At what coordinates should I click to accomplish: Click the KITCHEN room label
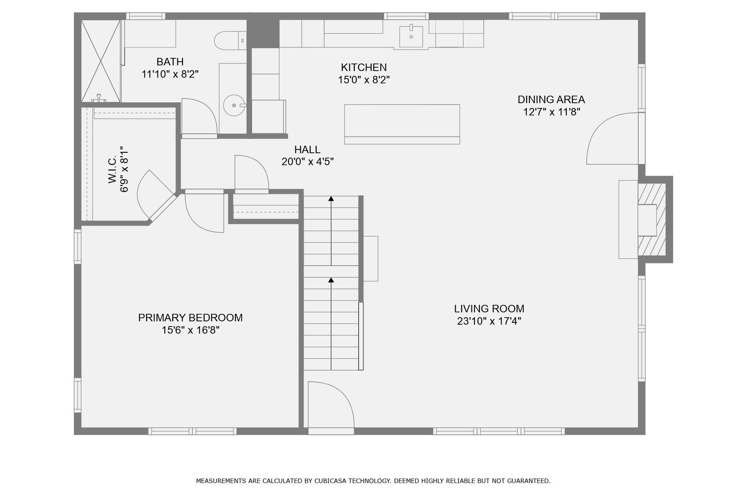pos(364,67)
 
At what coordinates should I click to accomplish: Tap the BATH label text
pos(170,62)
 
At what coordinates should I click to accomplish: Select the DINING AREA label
pos(551,100)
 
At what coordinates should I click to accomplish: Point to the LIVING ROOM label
pos(489,308)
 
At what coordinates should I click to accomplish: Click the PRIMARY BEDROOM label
pos(190,317)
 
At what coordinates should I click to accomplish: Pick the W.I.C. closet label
pos(112,169)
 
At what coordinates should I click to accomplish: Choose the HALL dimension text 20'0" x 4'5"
pos(308,162)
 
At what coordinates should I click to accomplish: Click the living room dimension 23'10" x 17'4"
pos(489,321)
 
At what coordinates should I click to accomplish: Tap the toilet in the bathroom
pos(230,41)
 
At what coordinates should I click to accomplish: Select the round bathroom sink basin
pos(234,105)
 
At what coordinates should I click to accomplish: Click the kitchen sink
pos(411,36)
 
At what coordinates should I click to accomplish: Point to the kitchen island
pos(402,124)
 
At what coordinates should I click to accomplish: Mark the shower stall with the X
pos(101,61)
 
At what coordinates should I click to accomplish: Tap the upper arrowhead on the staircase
pos(331,199)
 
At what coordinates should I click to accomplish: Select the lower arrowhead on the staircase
pos(331,280)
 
